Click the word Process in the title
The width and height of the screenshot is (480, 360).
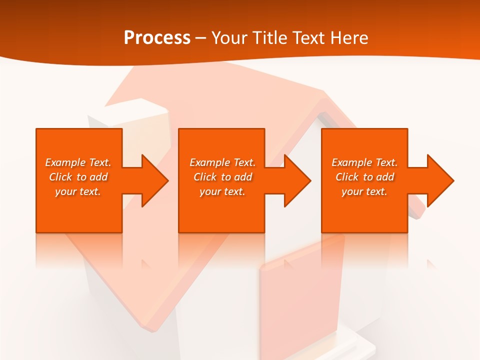pyautogui.click(x=157, y=38)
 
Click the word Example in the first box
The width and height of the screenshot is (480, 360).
pyautogui.click(x=65, y=162)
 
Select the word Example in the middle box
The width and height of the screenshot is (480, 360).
pyautogui.click(x=210, y=162)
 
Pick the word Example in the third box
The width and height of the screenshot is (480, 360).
pyautogui.click(x=352, y=162)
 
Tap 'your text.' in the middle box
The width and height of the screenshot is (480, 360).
pyautogui.click(x=222, y=191)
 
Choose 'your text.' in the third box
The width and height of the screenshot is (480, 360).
pyautogui.click(x=364, y=191)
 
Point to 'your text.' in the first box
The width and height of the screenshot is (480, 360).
pyautogui.click(x=77, y=191)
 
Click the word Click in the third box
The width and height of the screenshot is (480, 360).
pyautogui.click(x=347, y=177)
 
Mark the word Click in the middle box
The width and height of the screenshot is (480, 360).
pyautogui.click(x=205, y=177)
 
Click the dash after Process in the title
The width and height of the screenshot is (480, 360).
pyautogui.click(x=200, y=38)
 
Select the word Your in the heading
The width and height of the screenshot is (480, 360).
pyautogui.click(x=228, y=38)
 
